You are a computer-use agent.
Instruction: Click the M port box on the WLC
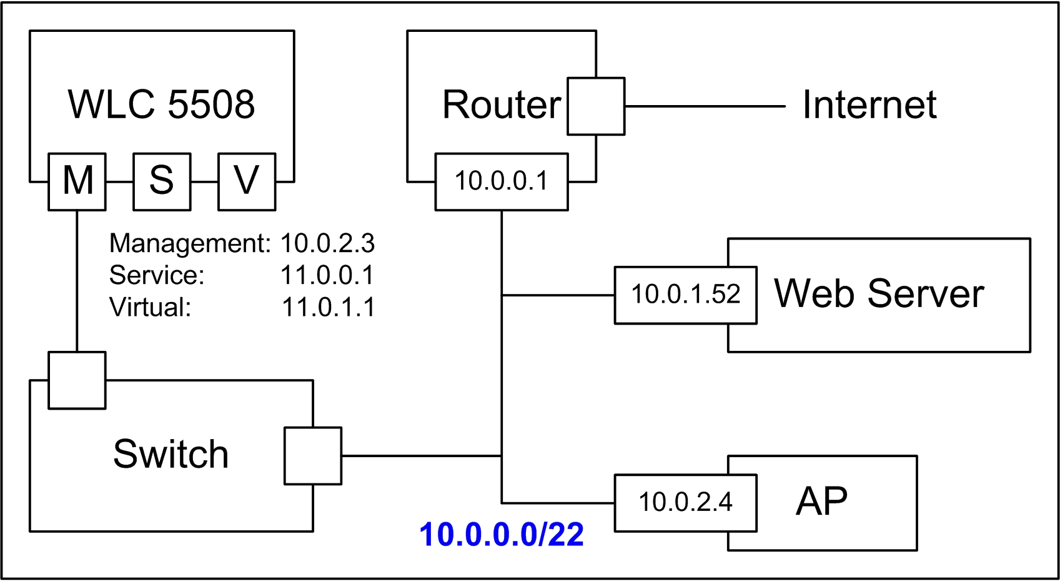pyautogui.click(x=77, y=181)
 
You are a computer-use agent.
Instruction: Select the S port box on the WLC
pyautogui.click(x=162, y=181)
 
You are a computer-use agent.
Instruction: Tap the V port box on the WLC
pyautogui.click(x=247, y=181)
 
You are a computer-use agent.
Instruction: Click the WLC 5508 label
pyautogui.click(x=161, y=104)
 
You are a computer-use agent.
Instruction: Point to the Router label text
pyautogui.click(x=502, y=104)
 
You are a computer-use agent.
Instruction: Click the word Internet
pyautogui.click(x=869, y=104)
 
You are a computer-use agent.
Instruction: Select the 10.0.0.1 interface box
pyautogui.click(x=502, y=181)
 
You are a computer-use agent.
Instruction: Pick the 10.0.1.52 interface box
pyautogui.click(x=685, y=295)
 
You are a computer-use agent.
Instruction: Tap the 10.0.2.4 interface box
pyautogui.click(x=685, y=502)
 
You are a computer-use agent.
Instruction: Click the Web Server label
pyautogui.click(x=879, y=293)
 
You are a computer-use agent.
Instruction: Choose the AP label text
pyautogui.click(x=821, y=501)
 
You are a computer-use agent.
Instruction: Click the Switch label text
pyautogui.click(x=171, y=454)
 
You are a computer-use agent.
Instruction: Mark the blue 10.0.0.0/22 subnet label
pyautogui.click(x=502, y=535)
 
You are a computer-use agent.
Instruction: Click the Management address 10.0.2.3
pyautogui.click(x=327, y=243)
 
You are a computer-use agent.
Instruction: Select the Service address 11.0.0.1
pyautogui.click(x=327, y=275)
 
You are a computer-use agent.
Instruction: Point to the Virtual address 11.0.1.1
pyautogui.click(x=328, y=307)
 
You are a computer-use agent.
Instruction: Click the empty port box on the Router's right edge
pyautogui.click(x=596, y=106)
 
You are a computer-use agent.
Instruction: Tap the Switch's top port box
pyautogui.click(x=77, y=380)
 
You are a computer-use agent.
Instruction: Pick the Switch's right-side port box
pyautogui.click(x=313, y=456)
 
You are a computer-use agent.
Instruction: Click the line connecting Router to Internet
pyautogui.click(x=705, y=106)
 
